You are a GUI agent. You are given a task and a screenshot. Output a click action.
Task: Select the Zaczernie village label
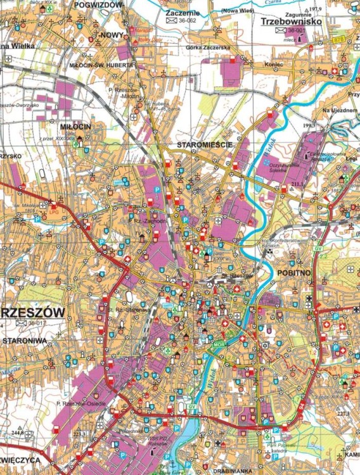pyautogui.click(x=181, y=12)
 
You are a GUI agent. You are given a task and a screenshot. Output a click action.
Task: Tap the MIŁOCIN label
pyautogui.click(x=76, y=126)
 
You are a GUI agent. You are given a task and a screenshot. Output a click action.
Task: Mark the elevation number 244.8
pyautogui.click(x=16, y=433)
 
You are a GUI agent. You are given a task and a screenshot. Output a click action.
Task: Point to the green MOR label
pyautogui.click(x=219, y=345)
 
